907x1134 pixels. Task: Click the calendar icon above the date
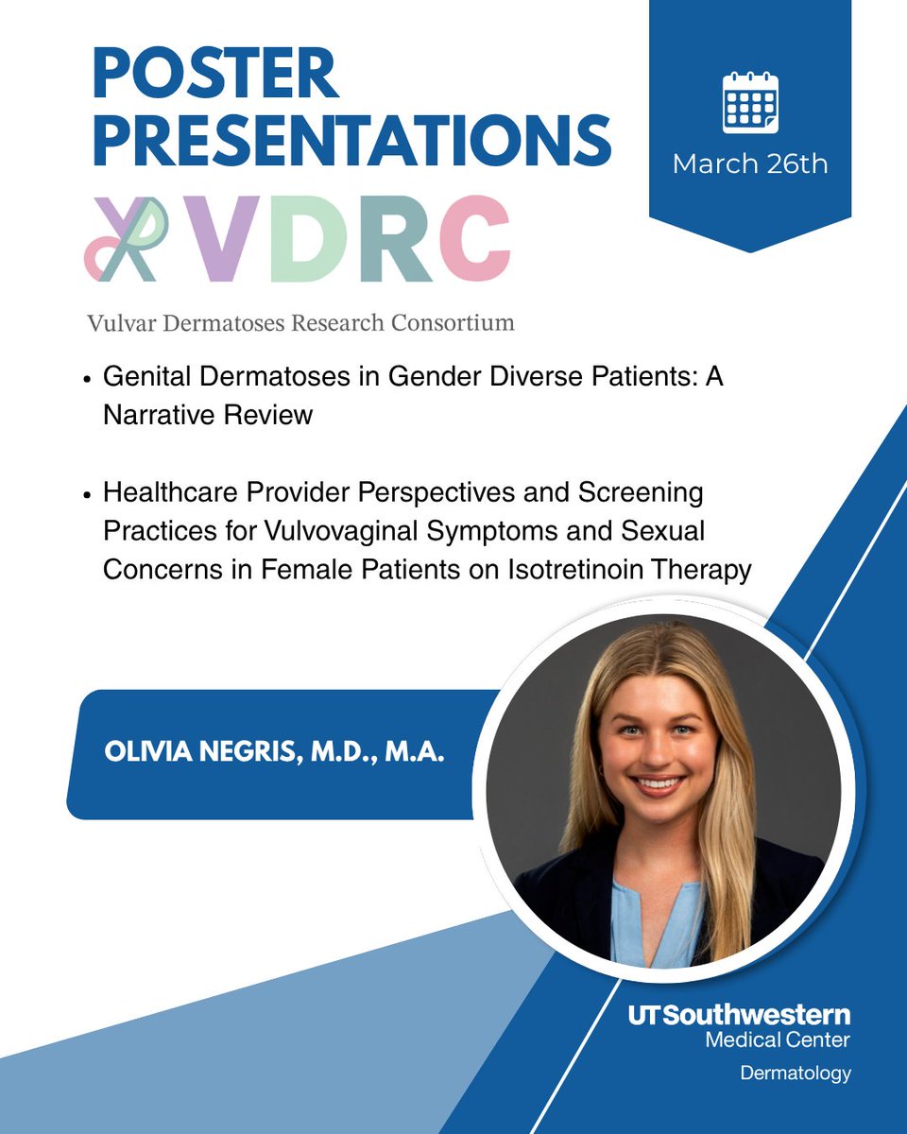point(749,103)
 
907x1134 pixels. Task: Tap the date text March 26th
point(750,163)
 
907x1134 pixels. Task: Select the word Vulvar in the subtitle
point(116,323)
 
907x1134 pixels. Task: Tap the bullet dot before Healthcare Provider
point(87,495)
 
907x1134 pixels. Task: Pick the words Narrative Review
point(208,414)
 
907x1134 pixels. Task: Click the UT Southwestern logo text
point(739,1017)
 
